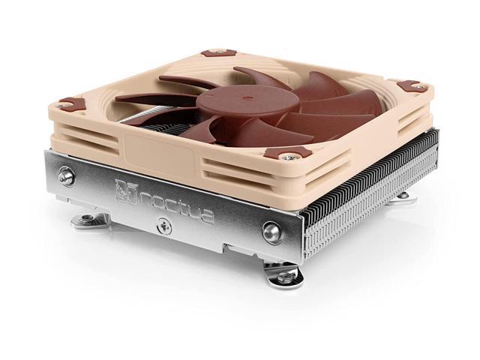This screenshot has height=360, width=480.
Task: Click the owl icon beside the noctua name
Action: tap(124, 191)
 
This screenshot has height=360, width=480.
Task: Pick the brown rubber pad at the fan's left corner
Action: tap(72, 103)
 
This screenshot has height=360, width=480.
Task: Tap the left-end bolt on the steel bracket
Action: tap(66, 178)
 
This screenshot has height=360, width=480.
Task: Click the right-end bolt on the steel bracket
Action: tap(271, 232)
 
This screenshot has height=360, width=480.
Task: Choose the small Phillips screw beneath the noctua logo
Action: tap(163, 226)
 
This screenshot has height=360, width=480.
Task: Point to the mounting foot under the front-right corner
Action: tap(287, 277)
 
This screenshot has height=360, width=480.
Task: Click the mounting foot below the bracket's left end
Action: tap(91, 220)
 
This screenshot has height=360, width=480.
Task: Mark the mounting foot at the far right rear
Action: tap(404, 196)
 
